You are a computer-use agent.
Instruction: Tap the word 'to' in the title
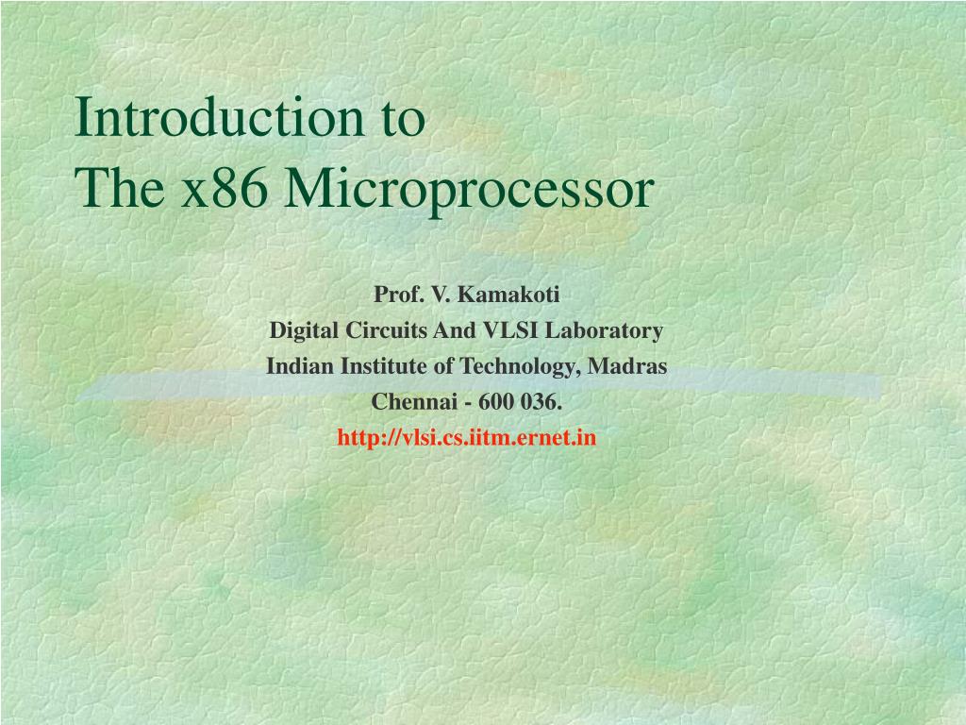pos(404,119)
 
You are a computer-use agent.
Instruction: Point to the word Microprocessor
pos(470,191)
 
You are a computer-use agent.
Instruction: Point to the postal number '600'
pos(494,402)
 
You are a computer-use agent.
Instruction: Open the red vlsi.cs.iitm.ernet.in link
pos(467,438)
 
